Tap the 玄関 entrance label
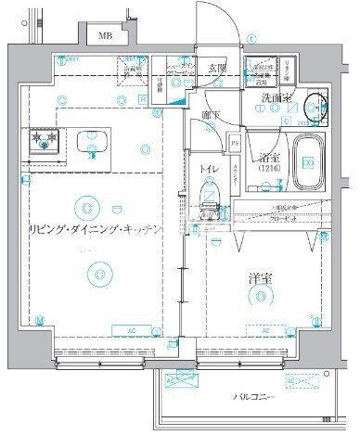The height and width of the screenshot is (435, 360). click(216, 67)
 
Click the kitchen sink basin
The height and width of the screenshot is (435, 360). click(93, 142)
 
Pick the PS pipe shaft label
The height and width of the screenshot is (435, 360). click(235, 144)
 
